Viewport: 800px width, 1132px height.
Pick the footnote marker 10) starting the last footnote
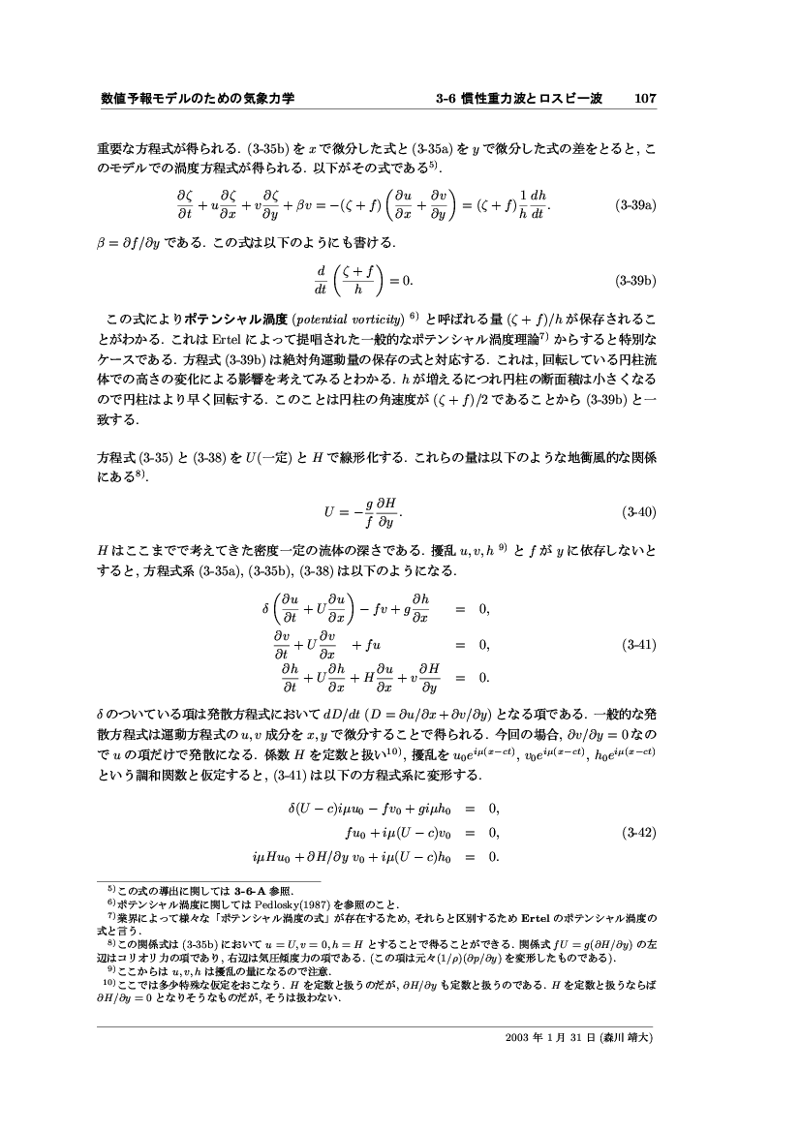tap(109, 984)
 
